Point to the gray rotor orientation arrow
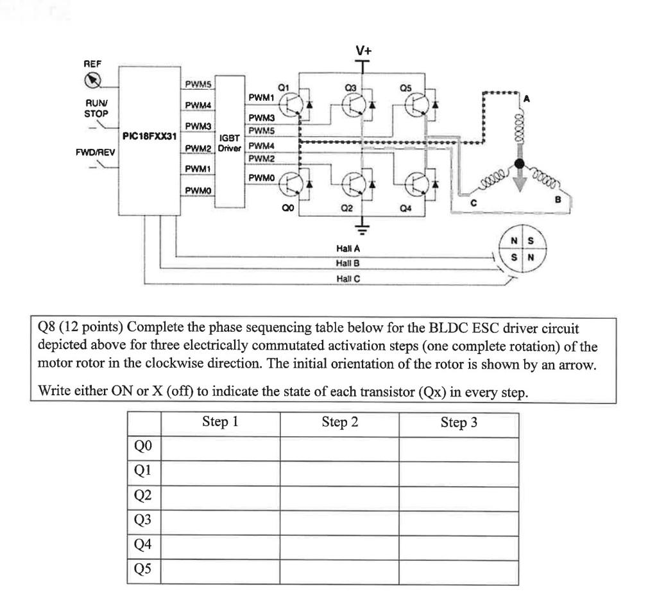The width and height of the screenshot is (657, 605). (520, 179)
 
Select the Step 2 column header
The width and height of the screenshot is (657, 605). (339, 423)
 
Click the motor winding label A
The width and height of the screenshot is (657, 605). (528, 98)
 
